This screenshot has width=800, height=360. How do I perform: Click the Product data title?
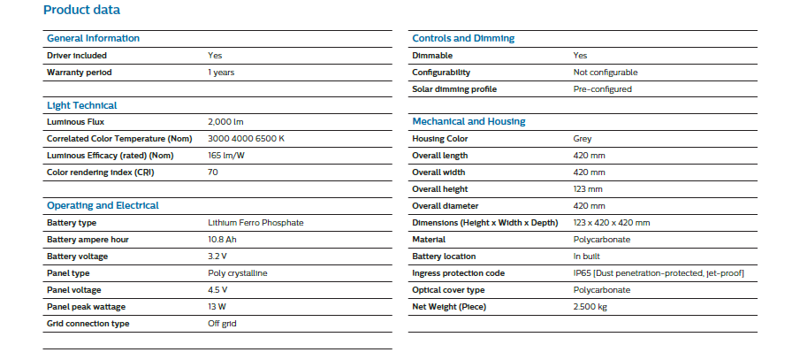click(x=81, y=10)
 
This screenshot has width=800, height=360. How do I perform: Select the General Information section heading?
click(x=93, y=38)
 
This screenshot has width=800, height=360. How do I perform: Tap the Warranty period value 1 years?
click(x=221, y=73)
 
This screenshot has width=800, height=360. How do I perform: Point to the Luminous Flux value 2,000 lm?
click(x=226, y=123)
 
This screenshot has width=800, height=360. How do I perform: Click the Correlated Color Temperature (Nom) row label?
click(x=119, y=139)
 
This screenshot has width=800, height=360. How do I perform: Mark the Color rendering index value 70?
click(x=213, y=172)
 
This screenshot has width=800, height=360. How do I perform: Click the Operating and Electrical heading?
click(x=103, y=206)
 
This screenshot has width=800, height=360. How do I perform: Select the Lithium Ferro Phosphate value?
click(x=255, y=223)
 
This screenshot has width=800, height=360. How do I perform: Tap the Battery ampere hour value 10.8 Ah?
click(x=222, y=240)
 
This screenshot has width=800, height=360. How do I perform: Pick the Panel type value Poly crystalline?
click(x=237, y=273)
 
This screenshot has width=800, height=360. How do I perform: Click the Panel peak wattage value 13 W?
click(x=217, y=307)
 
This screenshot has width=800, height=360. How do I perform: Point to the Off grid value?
click(x=222, y=324)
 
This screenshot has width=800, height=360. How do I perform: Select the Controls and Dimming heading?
click(x=463, y=38)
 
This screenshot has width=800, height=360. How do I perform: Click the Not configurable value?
click(x=606, y=73)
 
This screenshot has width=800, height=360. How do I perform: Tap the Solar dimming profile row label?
click(x=454, y=89)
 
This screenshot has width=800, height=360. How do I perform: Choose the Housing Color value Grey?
click(x=583, y=139)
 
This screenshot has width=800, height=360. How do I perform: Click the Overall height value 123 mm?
click(x=588, y=189)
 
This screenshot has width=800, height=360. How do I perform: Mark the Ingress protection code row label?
click(x=458, y=273)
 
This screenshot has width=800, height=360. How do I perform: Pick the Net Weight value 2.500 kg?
click(x=590, y=307)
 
